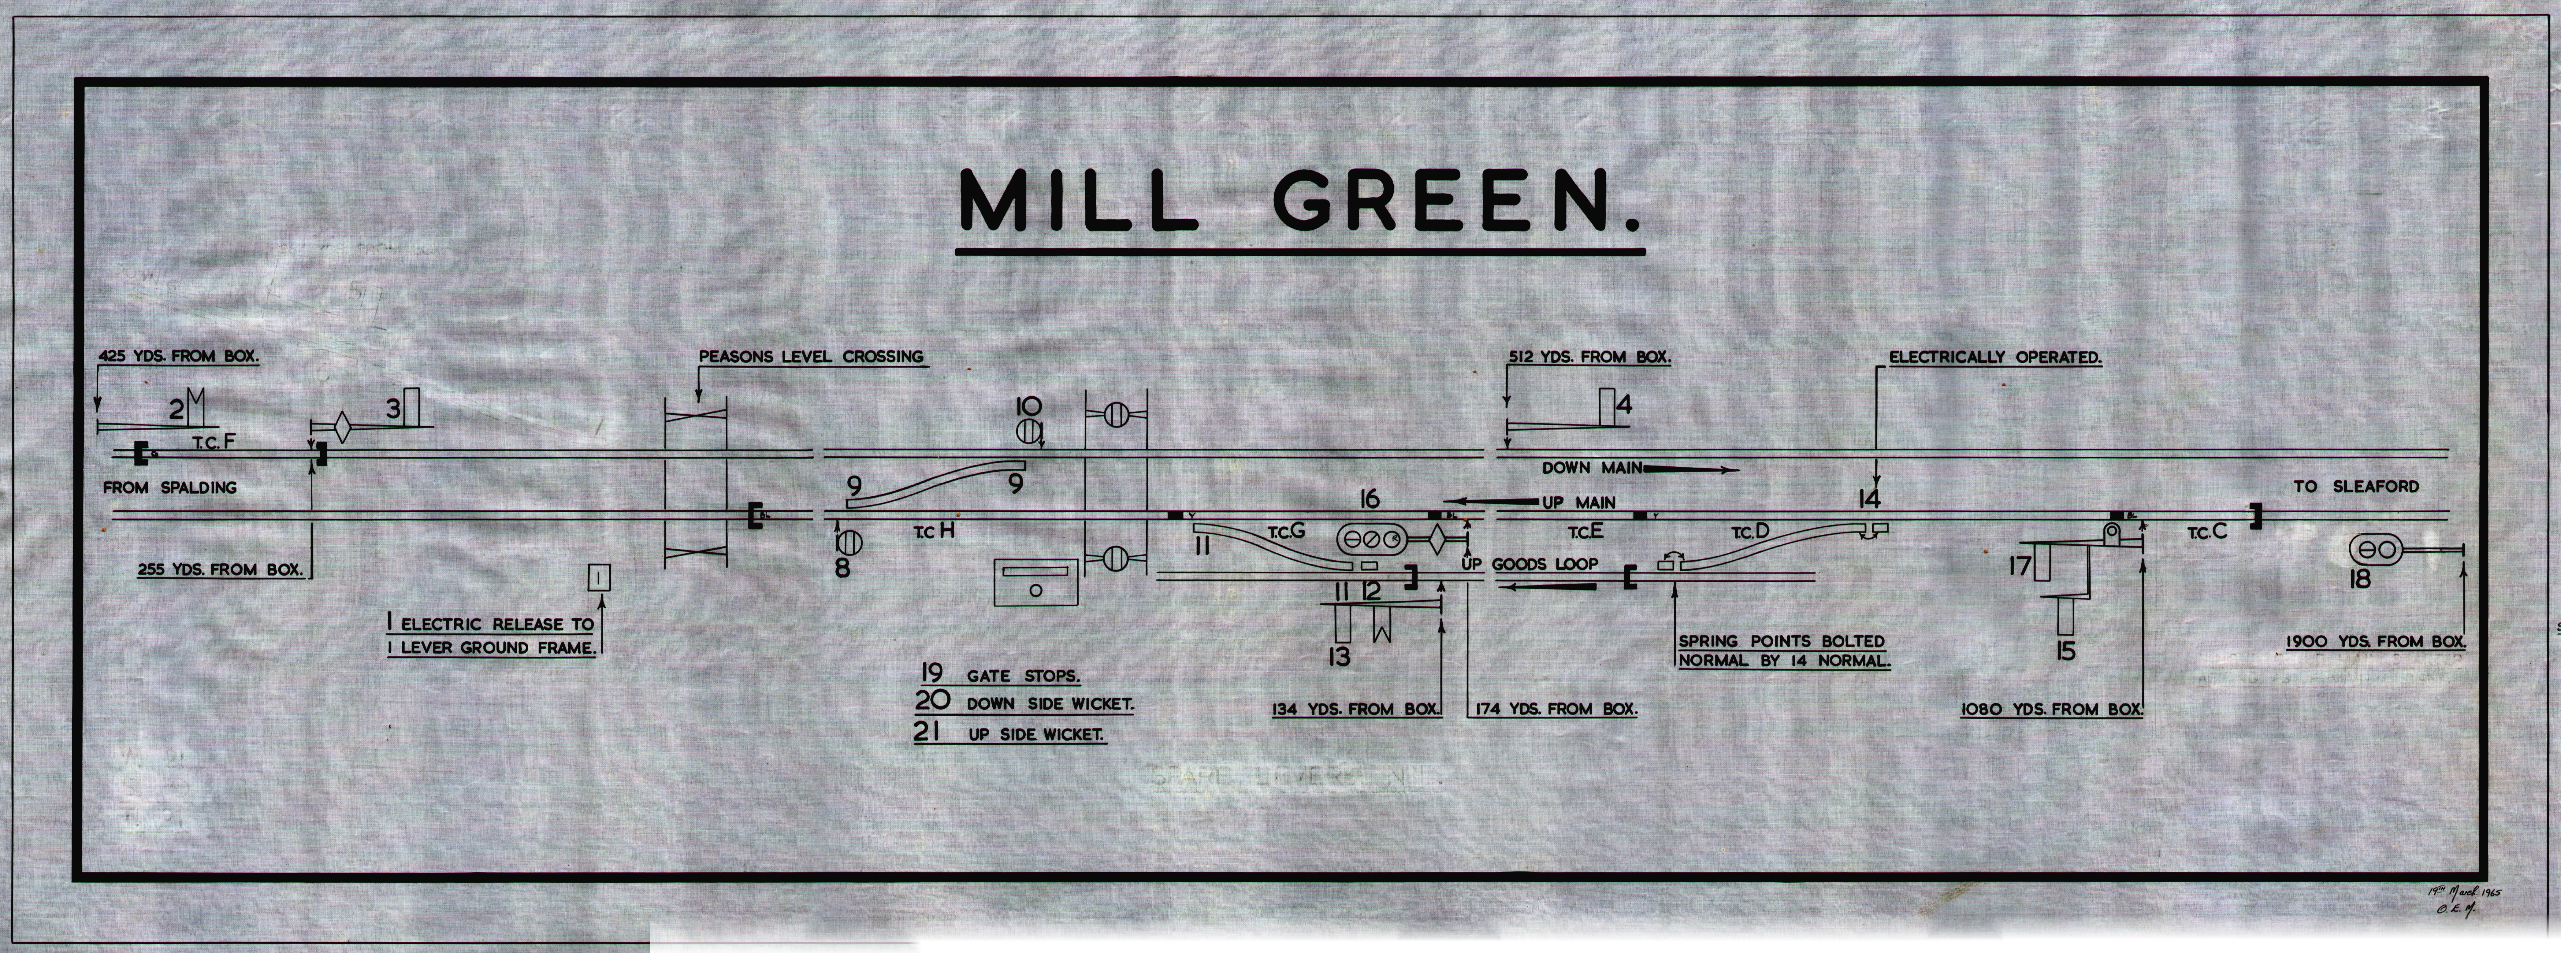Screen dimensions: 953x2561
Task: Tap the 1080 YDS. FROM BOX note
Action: tap(2052, 710)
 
